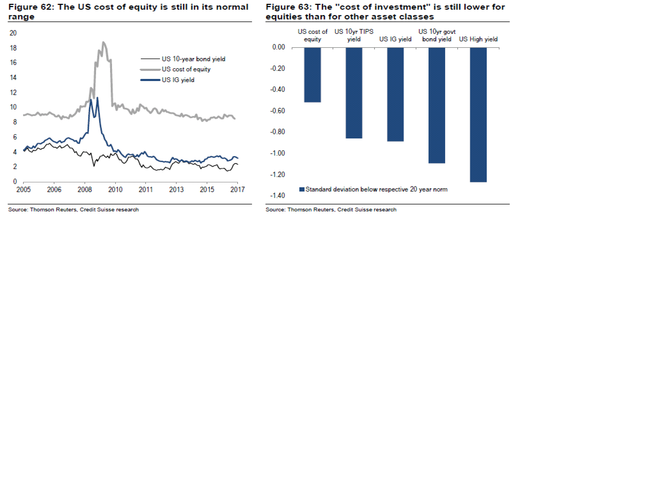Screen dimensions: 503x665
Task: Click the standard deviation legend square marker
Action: (x=302, y=190)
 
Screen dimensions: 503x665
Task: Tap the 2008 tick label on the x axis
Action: (x=84, y=190)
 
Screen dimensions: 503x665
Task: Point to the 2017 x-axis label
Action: (x=237, y=190)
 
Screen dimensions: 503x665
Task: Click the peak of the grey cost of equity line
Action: (x=103, y=42)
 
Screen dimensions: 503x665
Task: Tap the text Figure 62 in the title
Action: (x=30, y=7)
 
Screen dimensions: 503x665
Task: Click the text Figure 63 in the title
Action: (x=288, y=7)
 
